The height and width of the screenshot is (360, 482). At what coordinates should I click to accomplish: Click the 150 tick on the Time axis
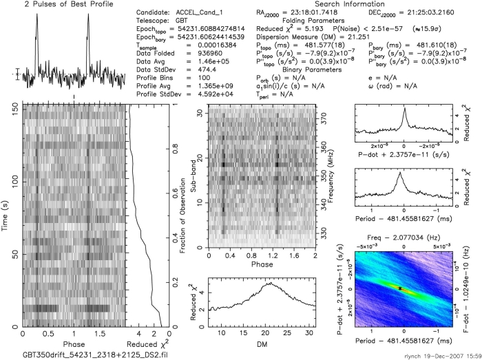point(15,107)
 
